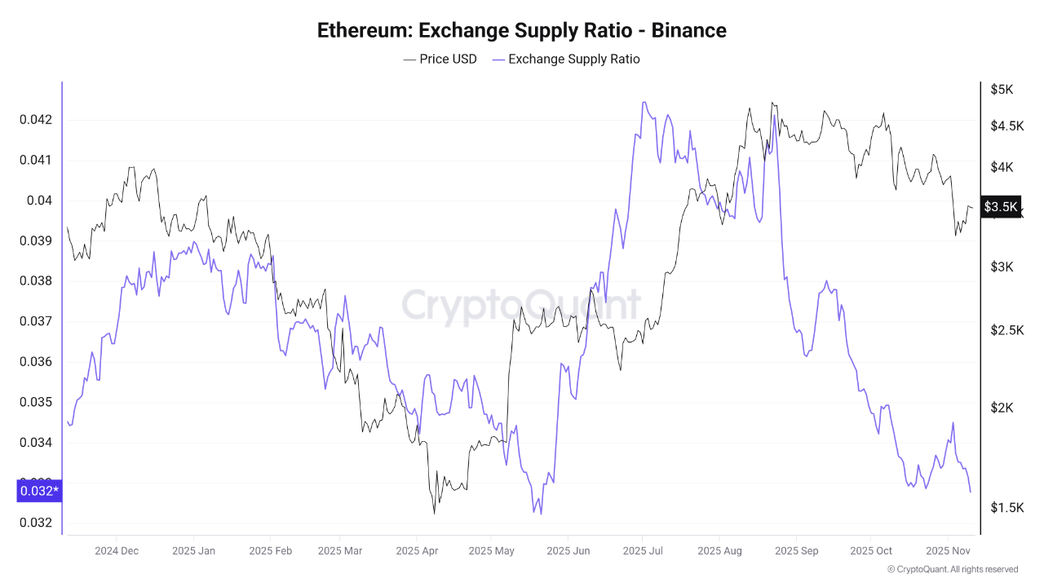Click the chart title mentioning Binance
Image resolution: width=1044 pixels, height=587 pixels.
pyautogui.click(x=521, y=30)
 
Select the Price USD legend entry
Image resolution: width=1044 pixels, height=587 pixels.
pyautogui.click(x=440, y=59)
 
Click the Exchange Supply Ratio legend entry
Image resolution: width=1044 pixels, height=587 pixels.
pyautogui.click(x=565, y=59)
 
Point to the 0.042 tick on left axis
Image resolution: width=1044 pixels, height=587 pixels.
pyautogui.click(x=35, y=120)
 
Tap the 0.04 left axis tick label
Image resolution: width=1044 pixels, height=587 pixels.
pyautogui.click(x=38, y=201)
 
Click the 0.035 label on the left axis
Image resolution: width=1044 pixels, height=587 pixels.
pyautogui.click(x=35, y=402)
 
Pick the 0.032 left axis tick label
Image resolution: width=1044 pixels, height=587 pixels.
pyautogui.click(x=35, y=523)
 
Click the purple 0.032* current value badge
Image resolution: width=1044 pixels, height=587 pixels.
pyautogui.click(x=38, y=491)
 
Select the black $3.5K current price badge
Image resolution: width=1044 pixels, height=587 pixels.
pyautogui.click(x=1001, y=206)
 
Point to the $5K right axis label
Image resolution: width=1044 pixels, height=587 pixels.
pyautogui.click(x=1002, y=89)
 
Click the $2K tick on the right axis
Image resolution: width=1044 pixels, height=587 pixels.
pyautogui.click(x=1002, y=408)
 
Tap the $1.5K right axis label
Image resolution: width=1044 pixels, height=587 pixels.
pyautogui.click(x=1006, y=508)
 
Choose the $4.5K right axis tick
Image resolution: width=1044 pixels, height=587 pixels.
pyautogui.click(x=1006, y=126)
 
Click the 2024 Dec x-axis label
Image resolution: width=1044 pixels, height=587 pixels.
pyautogui.click(x=117, y=550)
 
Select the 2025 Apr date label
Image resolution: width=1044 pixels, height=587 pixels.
pyautogui.click(x=416, y=550)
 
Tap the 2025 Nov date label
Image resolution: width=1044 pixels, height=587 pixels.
pyautogui.click(x=947, y=550)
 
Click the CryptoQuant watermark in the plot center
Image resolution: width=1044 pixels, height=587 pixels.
pyautogui.click(x=521, y=306)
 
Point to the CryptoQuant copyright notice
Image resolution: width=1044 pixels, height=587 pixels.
pyautogui.click(x=952, y=569)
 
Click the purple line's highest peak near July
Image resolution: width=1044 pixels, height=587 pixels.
pyautogui.click(x=644, y=103)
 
